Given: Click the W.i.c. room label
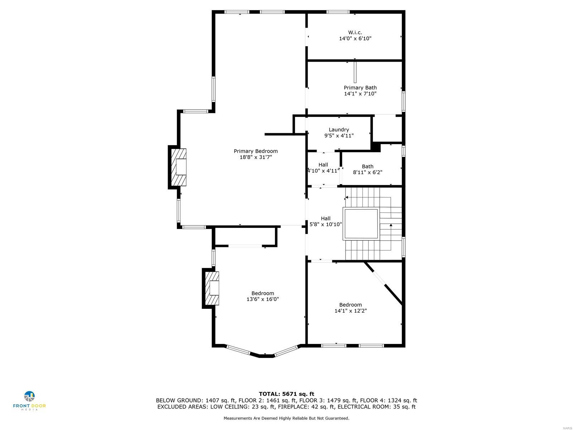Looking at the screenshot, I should (355, 32).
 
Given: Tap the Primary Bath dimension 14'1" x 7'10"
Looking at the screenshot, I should (360, 94).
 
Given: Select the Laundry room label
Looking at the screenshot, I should (339, 130).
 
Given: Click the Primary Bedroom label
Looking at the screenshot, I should (256, 151).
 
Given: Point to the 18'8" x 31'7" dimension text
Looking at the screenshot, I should (256, 157).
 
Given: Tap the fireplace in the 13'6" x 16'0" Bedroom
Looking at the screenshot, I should (212, 288).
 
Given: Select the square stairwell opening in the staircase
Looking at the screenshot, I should (361, 224).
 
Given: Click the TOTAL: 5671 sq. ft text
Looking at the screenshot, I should (286, 394).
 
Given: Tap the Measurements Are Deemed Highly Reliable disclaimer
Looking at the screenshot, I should (286, 418).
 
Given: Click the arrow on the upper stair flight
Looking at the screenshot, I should (347, 197).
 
